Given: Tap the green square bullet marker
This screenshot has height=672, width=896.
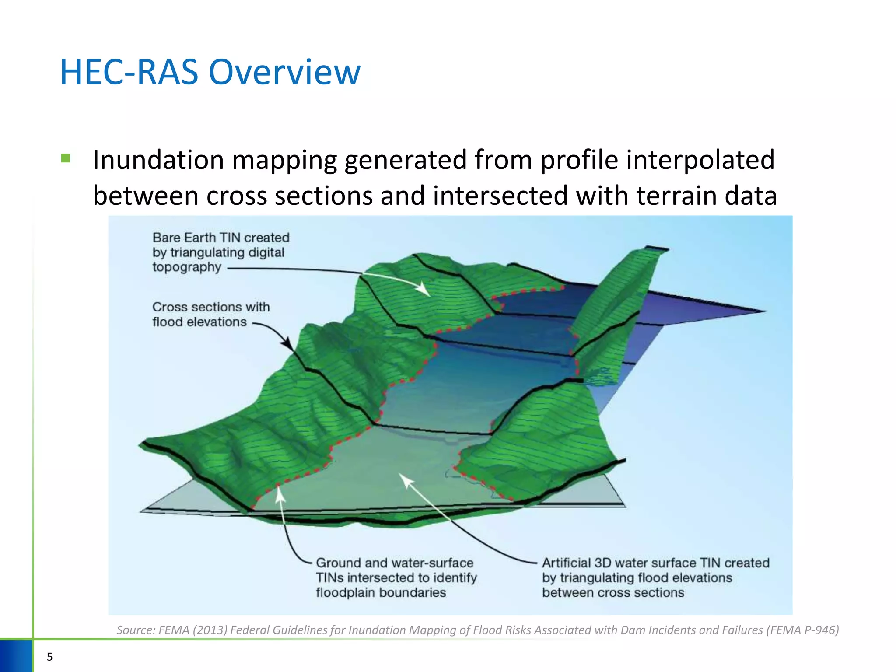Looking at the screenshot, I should pyautogui.click(x=66, y=158).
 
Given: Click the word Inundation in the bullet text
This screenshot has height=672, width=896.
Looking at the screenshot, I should pyautogui.click(x=158, y=160).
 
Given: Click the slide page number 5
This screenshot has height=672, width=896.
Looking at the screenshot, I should pyautogui.click(x=49, y=657).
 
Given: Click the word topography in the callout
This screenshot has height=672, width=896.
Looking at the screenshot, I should pyautogui.click(x=187, y=267).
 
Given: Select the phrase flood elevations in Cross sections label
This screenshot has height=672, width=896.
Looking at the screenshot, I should pyautogui.click(x=199, y=322).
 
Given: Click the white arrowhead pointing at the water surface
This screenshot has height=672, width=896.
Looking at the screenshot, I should pyautogui.click(x=406, y=480).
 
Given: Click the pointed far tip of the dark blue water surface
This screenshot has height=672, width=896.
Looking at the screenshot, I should pyautogui.click(x=765, y=311).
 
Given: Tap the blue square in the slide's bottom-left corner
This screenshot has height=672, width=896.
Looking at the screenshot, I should pyautogui.click(x=16, y=655).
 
